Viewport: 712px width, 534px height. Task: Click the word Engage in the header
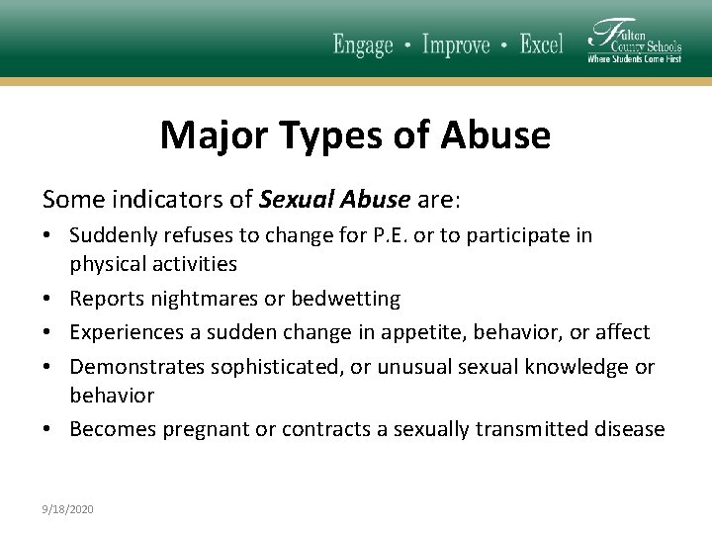click(363, 44)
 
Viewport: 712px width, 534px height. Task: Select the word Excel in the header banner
click(541, 44)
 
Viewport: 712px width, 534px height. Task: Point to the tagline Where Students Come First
click(634, 59)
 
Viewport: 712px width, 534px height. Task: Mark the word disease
click(629, 429)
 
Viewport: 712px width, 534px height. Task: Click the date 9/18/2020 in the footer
click(68, 508)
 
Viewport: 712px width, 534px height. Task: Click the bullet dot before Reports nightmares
click(49, 299)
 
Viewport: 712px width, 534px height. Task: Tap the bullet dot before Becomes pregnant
click(49, 429)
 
